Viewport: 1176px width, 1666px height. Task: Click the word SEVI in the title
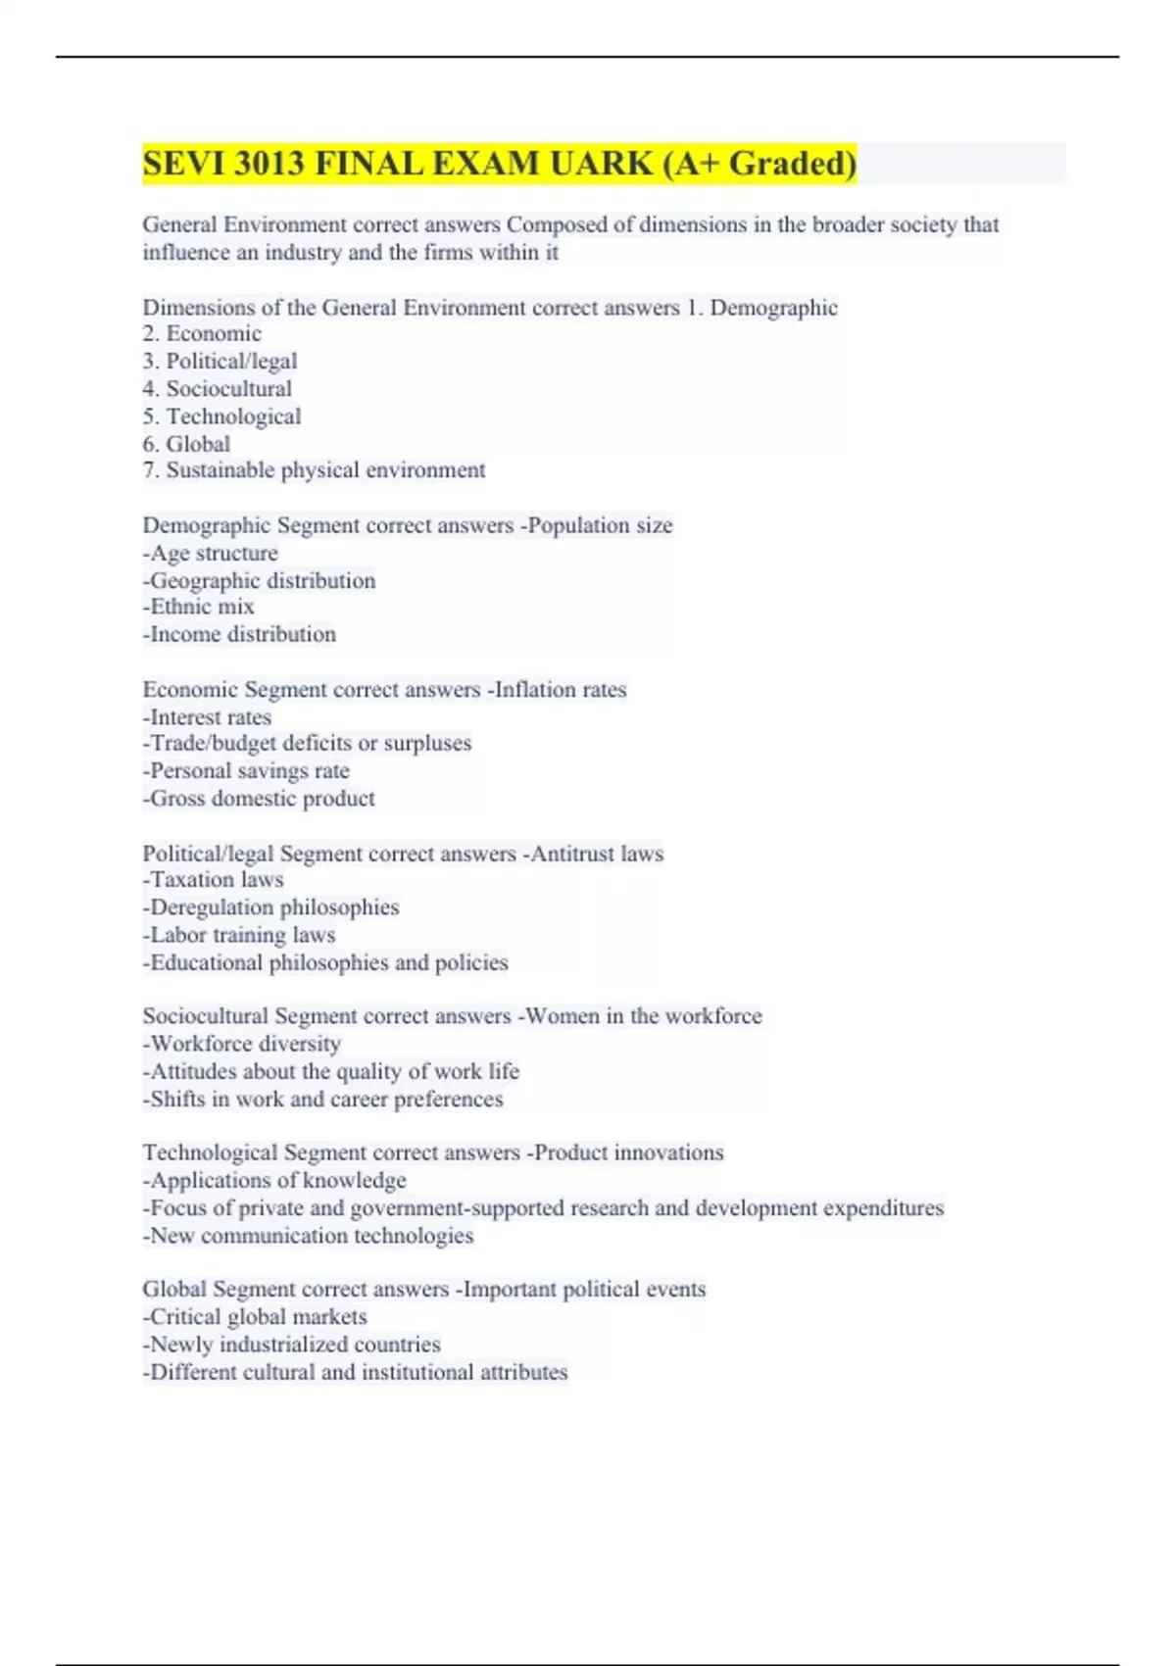(184, 164)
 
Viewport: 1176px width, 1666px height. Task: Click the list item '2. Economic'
(202, 334)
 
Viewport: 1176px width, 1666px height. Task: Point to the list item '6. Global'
(186, 444)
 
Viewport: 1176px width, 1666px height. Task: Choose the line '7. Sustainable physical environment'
(314, 470)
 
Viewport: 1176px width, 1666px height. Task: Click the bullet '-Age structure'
(210, 554)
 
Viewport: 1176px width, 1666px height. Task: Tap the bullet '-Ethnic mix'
(198, 608)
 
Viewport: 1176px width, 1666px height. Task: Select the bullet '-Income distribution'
(239, 635)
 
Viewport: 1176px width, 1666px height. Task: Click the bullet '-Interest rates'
(207, 717)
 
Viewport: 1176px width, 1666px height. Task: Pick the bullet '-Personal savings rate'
(246, 771)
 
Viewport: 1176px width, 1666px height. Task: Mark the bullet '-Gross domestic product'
(259, 799)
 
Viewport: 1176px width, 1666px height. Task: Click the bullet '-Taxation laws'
(213, 880)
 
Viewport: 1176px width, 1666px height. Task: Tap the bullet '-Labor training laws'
(239, 935)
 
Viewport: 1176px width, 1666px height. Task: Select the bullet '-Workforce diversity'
(242, 1044)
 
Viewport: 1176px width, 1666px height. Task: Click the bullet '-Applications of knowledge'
(274, 1181)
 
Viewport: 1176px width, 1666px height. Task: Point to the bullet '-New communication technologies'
(308, 1236)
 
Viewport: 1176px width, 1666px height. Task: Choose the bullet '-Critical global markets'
(255, 1317)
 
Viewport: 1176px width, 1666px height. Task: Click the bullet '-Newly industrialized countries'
(291, 1345)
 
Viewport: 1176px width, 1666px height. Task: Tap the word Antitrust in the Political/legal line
(572, 854)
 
